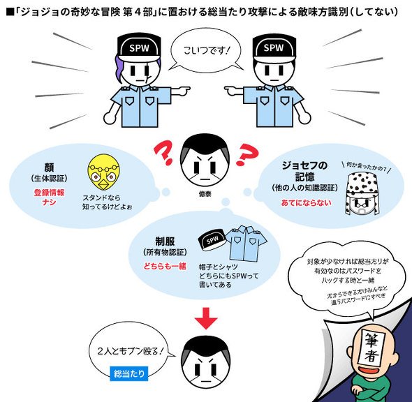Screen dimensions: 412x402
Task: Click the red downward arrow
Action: [x=206, y=318]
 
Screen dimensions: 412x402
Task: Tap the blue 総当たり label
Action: [x=128, y=373]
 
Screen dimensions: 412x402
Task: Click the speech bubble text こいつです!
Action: [x=207, y=50]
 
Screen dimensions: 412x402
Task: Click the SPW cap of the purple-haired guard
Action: [x=139, y=47]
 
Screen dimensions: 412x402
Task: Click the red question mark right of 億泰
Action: [x=247, y=155]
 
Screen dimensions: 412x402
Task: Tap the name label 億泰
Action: [x=205, y=194]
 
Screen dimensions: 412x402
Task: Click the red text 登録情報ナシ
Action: [x=49, y=198]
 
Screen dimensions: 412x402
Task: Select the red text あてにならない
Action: [x=306, y=202]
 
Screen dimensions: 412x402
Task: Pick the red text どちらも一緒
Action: [x=165, y=266]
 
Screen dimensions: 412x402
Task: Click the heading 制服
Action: [x=165, y=241]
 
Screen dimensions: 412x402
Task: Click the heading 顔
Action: [x=49, y=167]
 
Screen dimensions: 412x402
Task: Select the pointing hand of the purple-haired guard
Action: [x=182, y=91]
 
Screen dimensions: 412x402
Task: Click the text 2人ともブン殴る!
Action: [x=131, y=351]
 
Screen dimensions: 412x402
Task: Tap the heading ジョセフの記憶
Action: [x=304, y=171]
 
